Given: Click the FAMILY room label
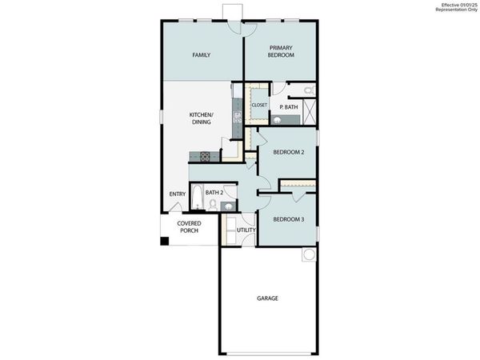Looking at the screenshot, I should pos(200,55).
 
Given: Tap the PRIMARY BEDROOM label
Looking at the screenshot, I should pos(281,51).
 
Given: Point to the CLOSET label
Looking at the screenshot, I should pos(259,105).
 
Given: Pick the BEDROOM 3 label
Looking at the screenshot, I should pos(288,219).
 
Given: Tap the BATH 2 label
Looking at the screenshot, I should pos(214,192).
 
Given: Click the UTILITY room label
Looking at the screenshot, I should pos(246,230).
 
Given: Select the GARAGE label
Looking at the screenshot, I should pos(267,298).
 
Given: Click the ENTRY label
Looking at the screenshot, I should pos(178,194).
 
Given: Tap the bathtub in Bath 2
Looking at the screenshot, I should pos(196,198).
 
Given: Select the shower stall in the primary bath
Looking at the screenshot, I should pos(310,109).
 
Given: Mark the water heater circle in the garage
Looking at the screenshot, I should pos(309,255).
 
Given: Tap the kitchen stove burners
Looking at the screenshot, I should pos(204,155).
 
